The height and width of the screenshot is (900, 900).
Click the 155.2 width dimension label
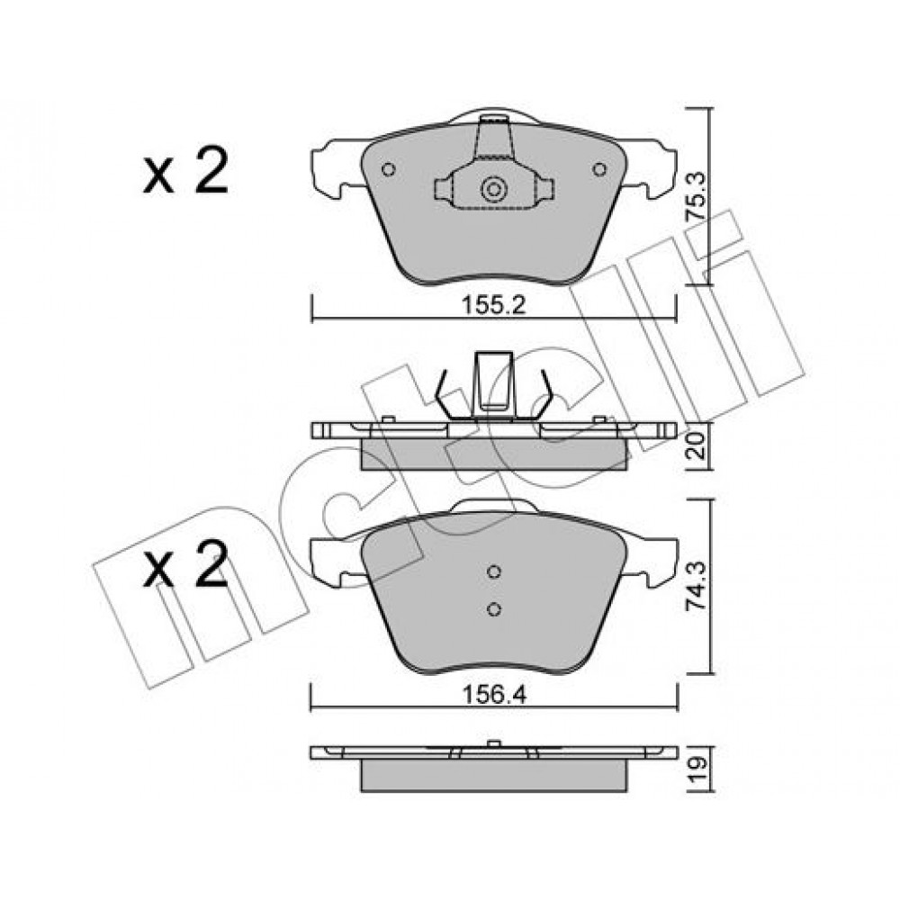[494, 305]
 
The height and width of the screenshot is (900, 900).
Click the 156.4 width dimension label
[494, 696]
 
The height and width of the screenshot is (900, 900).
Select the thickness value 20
[697, 445]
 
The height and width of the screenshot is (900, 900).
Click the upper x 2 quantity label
[185, 170]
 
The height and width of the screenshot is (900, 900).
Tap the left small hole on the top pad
[389, 170]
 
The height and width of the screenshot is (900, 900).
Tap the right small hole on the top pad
[599, 169]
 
